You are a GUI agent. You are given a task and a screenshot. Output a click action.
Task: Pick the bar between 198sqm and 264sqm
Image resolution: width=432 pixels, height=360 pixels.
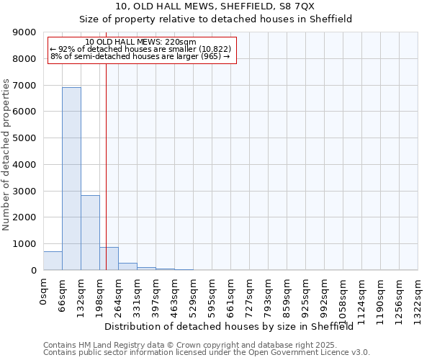pos(109,258)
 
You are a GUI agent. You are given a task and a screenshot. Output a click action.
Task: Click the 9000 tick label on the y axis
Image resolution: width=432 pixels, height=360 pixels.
pos(24,32)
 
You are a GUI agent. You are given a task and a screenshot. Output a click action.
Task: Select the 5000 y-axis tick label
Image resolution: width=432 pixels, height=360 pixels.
pos(24,138)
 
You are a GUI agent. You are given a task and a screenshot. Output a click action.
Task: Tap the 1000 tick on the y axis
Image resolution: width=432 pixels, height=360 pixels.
pos(24,244)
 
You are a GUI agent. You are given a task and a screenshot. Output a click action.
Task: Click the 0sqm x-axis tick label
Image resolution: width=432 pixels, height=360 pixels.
pos(44,293)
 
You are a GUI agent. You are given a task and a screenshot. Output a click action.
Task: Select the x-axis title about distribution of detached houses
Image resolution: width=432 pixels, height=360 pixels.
pos(234,326)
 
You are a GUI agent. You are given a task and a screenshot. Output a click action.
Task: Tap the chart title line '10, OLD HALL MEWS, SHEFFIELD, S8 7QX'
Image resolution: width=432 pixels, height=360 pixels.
pos(215,6)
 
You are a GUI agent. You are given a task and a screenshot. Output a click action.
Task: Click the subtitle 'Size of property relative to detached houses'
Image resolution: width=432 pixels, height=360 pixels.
pos(215,19)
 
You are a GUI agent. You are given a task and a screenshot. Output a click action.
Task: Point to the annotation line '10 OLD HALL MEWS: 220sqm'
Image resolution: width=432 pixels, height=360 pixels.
pos(140,42)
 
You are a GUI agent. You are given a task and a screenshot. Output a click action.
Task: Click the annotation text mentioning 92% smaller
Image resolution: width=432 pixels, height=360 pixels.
pos(140,49)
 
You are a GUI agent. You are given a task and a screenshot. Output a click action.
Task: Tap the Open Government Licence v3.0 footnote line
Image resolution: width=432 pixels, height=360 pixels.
pos(207,353)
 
